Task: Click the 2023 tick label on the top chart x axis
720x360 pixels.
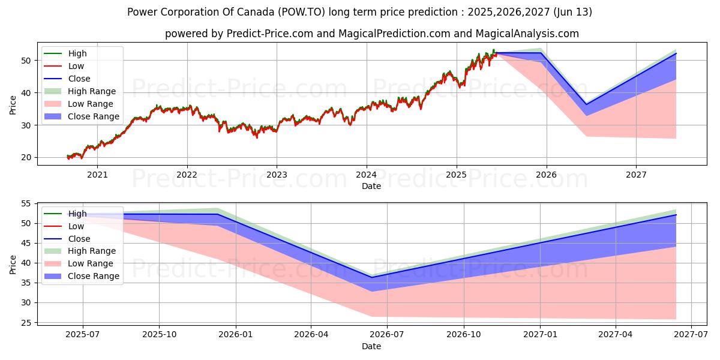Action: pyautogui.click(x=277, y=175)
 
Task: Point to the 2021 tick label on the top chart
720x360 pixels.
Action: pyautogui.click(x=97, y=175)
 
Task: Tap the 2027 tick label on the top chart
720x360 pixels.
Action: pyautogui.click(x=636, y=175)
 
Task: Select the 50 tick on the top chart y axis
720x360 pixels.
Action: pyautogui.click(x=26, y=61)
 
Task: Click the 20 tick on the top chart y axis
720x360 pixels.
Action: pyautogui.click(x=26, y=158)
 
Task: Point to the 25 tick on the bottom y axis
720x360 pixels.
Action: pyautogui.click(x=26, y=323)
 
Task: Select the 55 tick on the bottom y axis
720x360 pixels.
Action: pyautogui.click(x=26, y=204)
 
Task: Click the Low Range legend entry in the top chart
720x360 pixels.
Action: pyautogui.click(x=90, y=104)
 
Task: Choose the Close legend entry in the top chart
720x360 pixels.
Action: pyautogui.click(x=79, y=79)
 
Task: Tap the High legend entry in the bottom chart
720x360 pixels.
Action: pyautogui.click(x=77, y=214)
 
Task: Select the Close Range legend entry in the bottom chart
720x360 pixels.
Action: pyautogui.click(x=94, y=276)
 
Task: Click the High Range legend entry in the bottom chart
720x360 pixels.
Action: pyautogui.click(x=92, y=251)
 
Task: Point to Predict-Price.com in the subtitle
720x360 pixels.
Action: pyautogui.click(x=269, y=34)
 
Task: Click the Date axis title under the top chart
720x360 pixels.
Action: pyautogui.click(x=371, y=187)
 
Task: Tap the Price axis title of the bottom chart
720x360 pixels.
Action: pyautogui.click(x=13, y=264)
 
